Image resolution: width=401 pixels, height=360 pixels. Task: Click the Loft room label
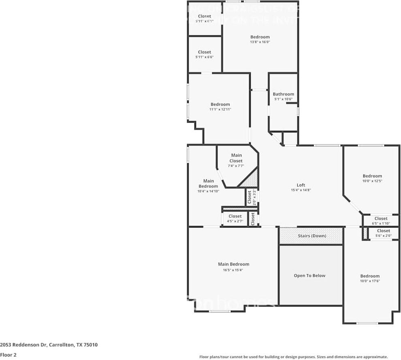[301, 185]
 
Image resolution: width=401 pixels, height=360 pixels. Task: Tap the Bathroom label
[283, 94]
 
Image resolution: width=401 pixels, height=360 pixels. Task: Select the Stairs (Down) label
[311, 236]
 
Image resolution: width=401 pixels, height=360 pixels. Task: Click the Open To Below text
[309, 275]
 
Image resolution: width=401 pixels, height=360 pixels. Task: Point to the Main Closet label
[236, 158]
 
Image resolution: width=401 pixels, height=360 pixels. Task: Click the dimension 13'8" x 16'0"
[260, 42]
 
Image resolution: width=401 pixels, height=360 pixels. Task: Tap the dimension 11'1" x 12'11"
[220, 109]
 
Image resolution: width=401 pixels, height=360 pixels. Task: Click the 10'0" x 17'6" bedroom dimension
[370, 281]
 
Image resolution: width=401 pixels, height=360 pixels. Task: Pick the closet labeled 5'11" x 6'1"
[205, 19]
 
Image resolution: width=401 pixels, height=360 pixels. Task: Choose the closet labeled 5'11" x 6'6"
[205, 54]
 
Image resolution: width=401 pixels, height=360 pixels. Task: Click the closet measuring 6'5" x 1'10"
[381, 221]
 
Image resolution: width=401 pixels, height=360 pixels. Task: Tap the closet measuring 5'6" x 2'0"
[383, 233]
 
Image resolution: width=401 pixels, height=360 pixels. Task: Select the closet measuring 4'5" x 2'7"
[235, 219]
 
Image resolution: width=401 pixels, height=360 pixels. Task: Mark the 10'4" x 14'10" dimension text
[208, 191]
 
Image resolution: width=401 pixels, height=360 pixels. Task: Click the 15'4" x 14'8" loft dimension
[301, 190]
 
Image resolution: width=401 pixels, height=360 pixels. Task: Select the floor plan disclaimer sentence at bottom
[293, 357]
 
